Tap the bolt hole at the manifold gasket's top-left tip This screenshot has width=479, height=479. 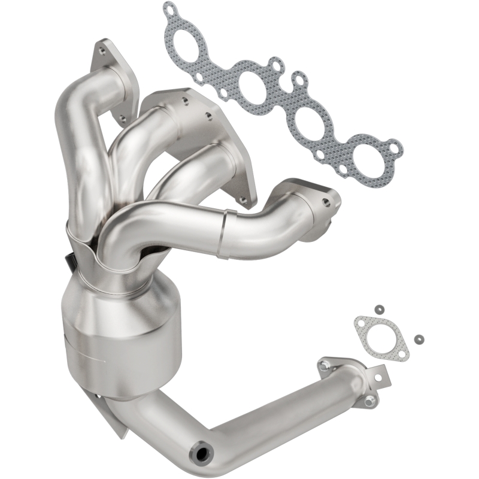point(171,10)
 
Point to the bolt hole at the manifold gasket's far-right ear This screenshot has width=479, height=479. point(393,145)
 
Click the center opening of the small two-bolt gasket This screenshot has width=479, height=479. point(380,337)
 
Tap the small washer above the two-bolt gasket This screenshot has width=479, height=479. point(378,309)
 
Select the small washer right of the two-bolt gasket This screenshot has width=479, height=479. point(417,338)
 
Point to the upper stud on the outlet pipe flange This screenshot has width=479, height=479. point(325,365)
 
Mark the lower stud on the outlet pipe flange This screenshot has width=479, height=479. point(371,399)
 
